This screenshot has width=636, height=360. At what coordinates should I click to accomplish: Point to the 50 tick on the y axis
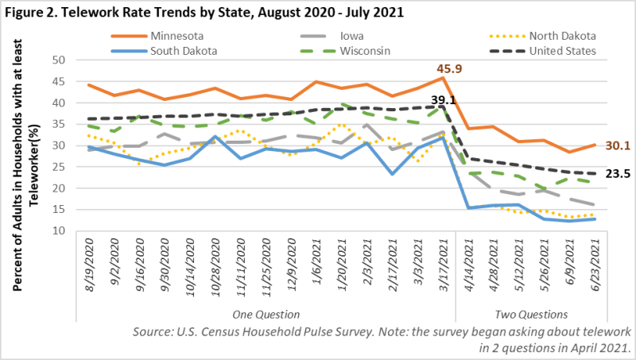[57, 60]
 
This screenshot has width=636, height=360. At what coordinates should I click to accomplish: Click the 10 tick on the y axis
[57, 231]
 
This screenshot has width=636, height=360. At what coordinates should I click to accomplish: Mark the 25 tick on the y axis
[57, 167]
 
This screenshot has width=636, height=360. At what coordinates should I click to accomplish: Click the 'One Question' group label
[264, 315]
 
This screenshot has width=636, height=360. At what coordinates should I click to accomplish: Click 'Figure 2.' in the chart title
[35, 12]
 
